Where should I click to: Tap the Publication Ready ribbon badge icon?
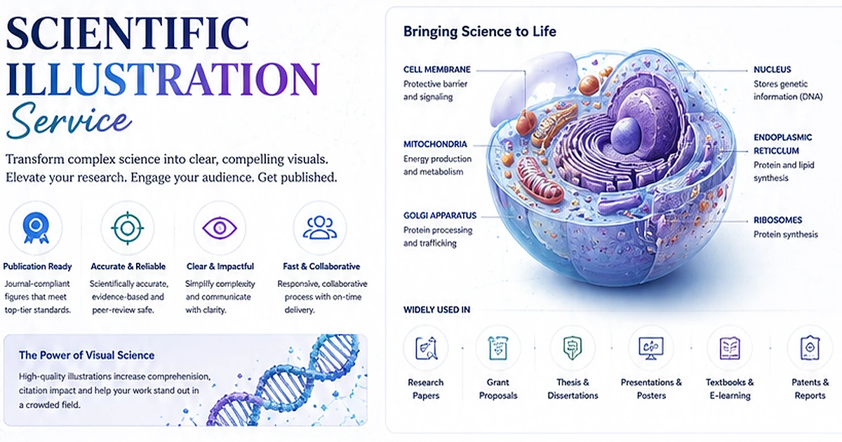(36, 228)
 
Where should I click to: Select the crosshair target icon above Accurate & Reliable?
(128, 228)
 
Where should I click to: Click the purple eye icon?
(220, 228)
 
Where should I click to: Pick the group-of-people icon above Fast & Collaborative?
(320, 228)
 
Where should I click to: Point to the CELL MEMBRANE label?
(436, 69)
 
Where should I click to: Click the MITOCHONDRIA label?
(435, 144)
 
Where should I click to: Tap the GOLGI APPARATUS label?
(440, 215)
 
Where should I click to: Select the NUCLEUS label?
(772, 69)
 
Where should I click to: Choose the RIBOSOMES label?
(777, 220)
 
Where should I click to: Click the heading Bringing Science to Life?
(480, 32)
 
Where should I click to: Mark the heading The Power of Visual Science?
(86, 355)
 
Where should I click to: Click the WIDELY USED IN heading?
(436, 309)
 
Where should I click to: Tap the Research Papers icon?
(426, 348)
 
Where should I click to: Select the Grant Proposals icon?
(498, 348)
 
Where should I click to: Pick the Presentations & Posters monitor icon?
(651, 348)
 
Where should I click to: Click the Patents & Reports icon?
(810, 348)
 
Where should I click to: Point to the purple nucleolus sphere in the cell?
(625, 135)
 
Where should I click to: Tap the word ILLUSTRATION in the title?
(163, 79)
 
